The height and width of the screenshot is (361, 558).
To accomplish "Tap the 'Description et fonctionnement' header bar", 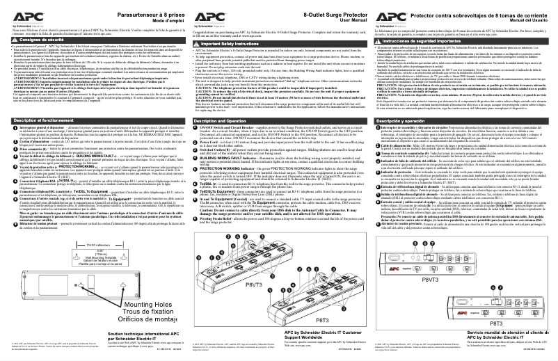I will pos(42,120).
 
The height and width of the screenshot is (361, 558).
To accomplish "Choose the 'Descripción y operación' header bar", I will pos(410,120).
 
